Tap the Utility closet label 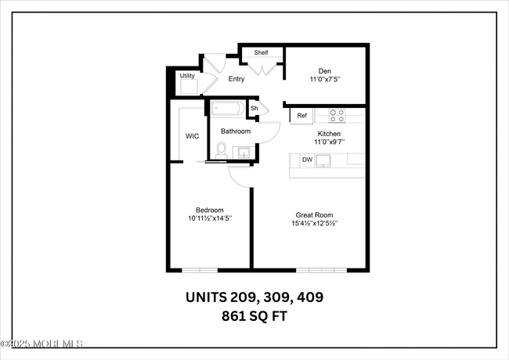(x=187, y=76)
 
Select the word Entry (x=236, y=79)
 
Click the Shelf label (x=261, y=53)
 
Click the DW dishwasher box (x=307, y=160)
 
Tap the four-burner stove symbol (x=337, y=114)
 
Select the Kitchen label (x=329, y=134)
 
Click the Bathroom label (x=235, y=131)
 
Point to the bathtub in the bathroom (x=228, y=108)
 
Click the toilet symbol (x=222, y=149)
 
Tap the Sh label (x=254, y=108)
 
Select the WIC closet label (x=192, y=136)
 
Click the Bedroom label (x=210, y=210)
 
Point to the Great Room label (x=315, y=214)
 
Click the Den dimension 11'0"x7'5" (x=325, y=78)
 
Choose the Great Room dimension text (x=315, y=224)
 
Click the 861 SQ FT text (x=254, y=317)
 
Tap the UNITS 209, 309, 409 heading (x=254, y=298)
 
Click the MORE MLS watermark (x=43, y=344)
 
